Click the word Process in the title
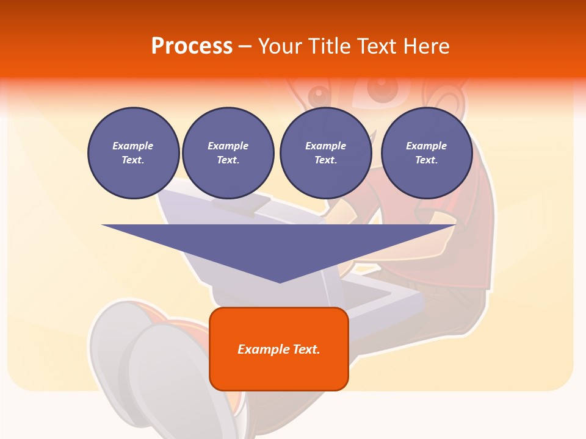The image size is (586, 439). click(x=192, y=46)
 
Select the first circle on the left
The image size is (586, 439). click(x=133, y=153)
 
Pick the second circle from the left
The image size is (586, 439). click(x=228, y=153)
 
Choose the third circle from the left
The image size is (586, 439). click(x=325, y=153)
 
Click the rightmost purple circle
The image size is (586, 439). click(x=427, y=153)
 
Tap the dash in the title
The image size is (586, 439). click(x=245, y=46)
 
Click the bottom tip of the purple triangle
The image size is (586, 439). click(x=280, y=281)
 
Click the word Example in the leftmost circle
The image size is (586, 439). click(x=133, y=146)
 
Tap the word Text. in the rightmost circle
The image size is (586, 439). click(x=427, y=160)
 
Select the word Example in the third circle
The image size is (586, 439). click(x=325, y=146)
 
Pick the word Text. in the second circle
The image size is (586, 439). click(x=228, y=160)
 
